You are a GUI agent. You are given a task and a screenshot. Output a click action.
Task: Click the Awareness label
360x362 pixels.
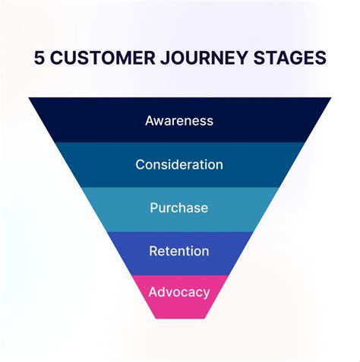point(179,120)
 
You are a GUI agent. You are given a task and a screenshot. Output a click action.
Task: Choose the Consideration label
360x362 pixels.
point(179,164)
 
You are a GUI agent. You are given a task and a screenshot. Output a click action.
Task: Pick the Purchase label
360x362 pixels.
point(179,208)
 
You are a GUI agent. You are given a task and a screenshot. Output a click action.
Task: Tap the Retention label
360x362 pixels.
point(179,251)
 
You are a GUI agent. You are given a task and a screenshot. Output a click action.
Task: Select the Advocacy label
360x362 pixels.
point(179,292)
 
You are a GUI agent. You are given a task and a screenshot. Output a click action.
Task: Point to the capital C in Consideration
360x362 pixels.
point(141,164)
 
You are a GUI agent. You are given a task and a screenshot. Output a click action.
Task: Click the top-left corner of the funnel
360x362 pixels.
point(30,98)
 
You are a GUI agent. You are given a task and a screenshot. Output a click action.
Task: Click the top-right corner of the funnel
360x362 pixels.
point(331,98)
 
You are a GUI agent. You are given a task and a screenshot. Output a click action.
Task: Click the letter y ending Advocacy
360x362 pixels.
point(205,294)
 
